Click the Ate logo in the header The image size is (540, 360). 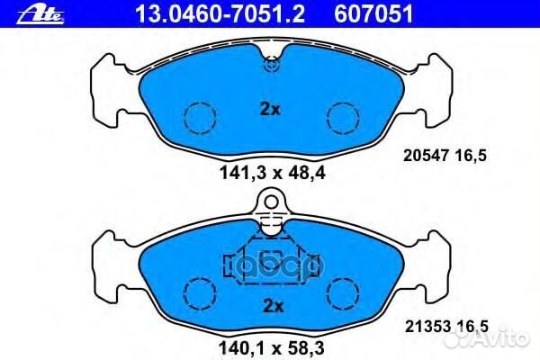(40, 15)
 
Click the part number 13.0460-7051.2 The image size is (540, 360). (220, 14)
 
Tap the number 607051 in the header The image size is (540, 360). (373, 14)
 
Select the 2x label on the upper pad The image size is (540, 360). (270, 110)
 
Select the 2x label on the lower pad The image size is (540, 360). (274, 306)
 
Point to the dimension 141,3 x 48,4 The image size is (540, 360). (273, 173)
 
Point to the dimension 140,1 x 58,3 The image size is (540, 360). (272, 348)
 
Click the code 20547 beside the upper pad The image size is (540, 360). (426, 156)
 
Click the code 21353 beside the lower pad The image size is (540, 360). (427, 326)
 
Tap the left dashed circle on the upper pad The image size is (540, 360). (200, 118)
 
